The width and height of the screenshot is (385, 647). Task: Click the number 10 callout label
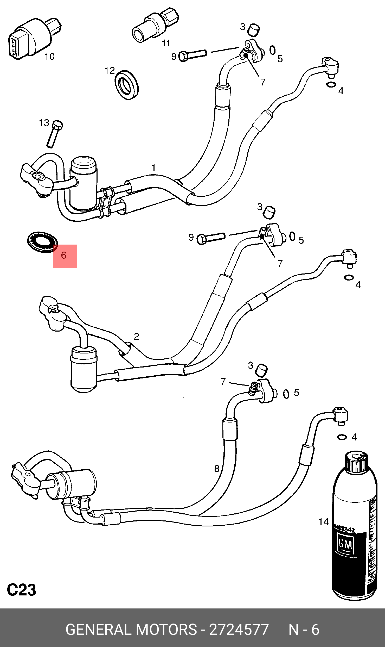[49, 56]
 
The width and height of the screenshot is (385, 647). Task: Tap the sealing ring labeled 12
[127, 84]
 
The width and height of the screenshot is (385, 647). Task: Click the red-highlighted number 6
[64, 255]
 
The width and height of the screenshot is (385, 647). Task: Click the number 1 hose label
[154, 167]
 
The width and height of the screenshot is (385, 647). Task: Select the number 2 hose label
[137, 336]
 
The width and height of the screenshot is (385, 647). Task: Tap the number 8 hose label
[217, 469]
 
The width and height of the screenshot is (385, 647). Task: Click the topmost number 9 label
[174, 57]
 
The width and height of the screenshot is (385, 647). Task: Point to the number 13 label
[44, 123]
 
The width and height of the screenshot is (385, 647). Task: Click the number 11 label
[166, 43]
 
